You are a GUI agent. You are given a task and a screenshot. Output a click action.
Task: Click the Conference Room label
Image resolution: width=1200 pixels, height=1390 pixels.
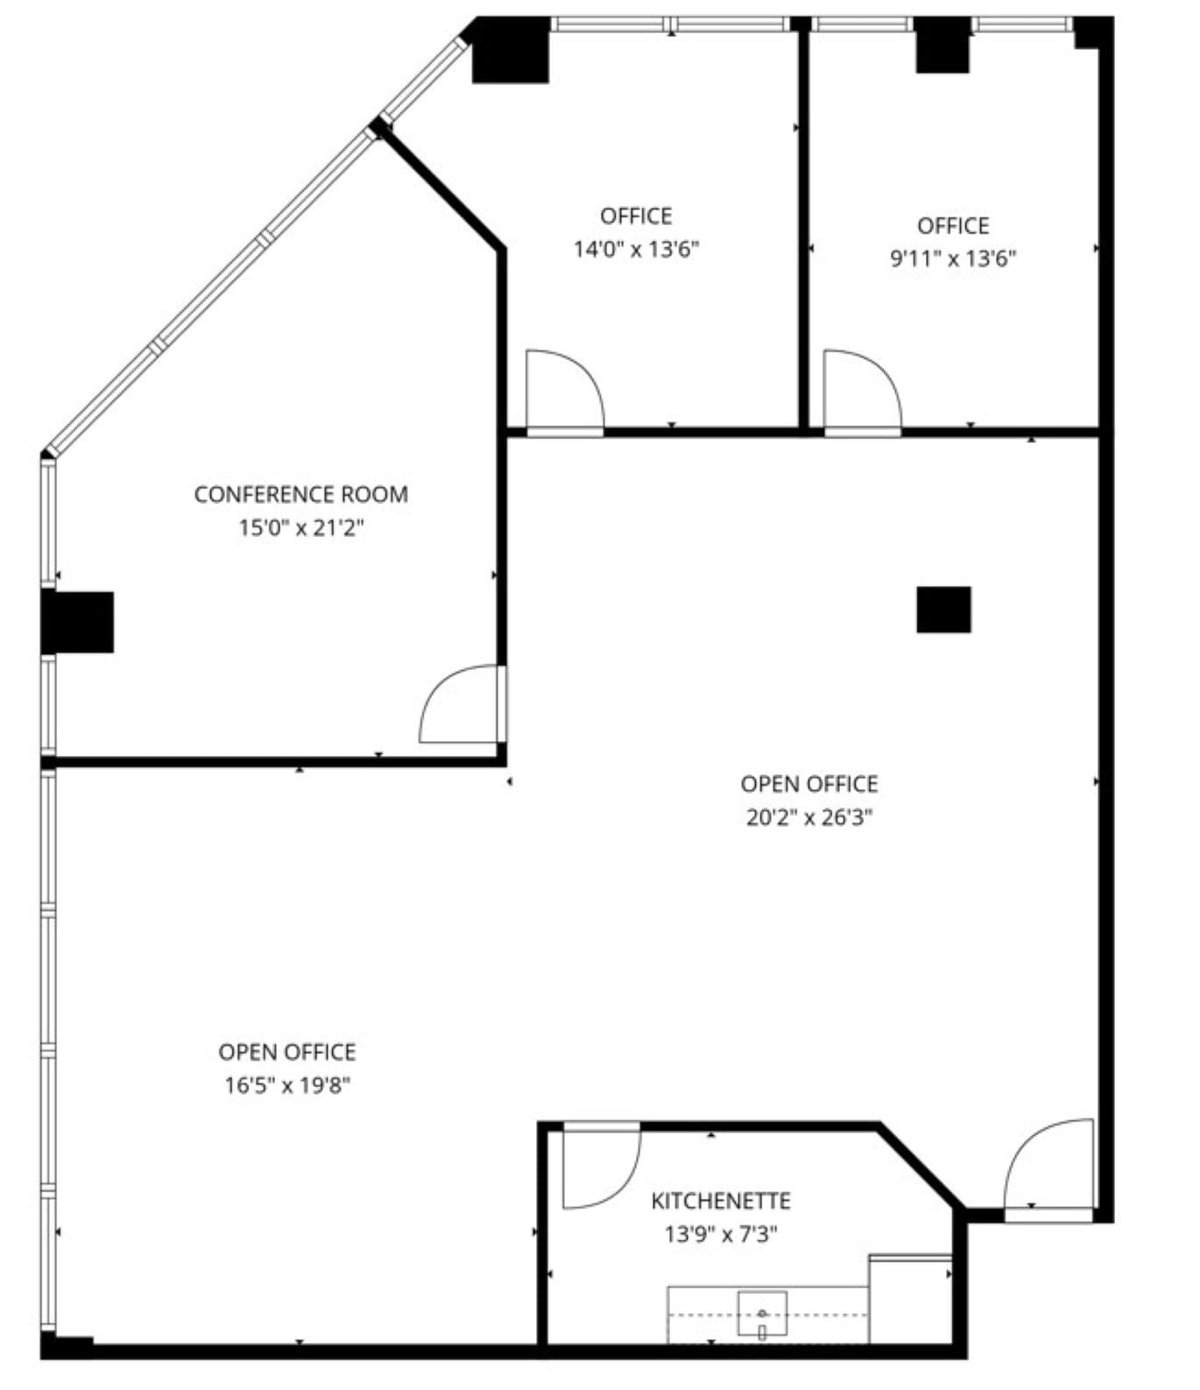tap(300, 494)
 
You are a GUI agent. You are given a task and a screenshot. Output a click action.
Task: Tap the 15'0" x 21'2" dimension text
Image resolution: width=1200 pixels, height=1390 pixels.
tap(300, 528)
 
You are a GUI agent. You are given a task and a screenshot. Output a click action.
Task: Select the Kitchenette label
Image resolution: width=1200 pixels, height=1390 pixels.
tap(720, 1200)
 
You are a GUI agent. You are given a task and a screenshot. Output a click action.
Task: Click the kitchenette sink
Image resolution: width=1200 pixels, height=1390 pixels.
tap(761, 1314)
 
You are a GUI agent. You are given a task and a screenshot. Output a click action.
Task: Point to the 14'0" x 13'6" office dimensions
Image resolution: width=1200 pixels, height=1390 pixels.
tap(636, 250)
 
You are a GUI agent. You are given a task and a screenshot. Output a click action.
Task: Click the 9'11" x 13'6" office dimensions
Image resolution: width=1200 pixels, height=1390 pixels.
tap(953, 259)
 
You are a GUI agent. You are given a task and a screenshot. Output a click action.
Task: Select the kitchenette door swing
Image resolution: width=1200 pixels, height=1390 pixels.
tap(598, 1168)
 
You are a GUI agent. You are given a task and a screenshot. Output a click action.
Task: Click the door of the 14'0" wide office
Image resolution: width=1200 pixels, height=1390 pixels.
tap(563, 390)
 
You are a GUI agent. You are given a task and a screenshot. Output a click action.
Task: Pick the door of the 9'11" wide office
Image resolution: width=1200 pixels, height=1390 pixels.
tap(861, 390)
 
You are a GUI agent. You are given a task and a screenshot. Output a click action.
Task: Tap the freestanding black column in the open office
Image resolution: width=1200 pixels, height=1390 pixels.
tap(943, 609)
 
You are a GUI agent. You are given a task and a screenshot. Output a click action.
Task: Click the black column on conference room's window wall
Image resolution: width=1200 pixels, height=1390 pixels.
tap(78, 622)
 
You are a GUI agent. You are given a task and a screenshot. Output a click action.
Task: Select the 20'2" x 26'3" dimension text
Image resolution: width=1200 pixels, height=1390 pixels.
tap(808, 817)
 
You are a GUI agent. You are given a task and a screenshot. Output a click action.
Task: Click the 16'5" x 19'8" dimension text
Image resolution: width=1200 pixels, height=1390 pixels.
tap(287, 1086)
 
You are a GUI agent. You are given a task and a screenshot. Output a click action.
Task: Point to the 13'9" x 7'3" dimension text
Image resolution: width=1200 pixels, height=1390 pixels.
tap(720, 1235)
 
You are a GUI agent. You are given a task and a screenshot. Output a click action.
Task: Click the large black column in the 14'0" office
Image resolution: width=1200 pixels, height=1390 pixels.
tap(511, 53)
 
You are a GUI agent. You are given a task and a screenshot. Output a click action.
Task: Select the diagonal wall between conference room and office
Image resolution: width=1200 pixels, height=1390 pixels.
tap(440, 188)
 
